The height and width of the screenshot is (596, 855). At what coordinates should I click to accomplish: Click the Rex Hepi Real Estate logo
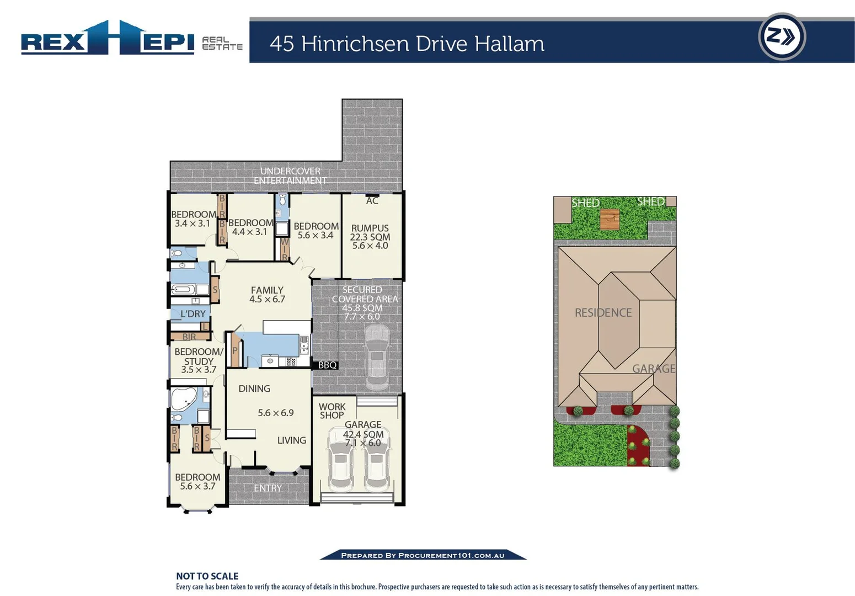click(x=131, y=39)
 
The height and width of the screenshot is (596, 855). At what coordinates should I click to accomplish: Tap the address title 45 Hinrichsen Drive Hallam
click(x=407, y=44)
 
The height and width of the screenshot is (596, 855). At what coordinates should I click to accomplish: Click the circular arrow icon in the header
click(x=782, y=37)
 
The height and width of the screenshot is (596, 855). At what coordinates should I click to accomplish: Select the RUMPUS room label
click(x=370, y=228)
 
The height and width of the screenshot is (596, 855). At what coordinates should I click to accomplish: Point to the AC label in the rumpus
click(x=372, y=201)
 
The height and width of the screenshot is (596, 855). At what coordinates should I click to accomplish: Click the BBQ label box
click(x=327, y=365)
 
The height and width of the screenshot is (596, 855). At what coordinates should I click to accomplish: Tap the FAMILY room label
click(x=267, y=290)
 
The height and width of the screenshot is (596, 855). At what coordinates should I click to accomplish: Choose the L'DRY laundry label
click(x=193, y=314)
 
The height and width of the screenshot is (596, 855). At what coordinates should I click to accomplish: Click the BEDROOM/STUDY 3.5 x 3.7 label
click(x=199, y=360)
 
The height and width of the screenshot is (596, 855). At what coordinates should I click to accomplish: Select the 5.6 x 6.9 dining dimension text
click(x=275, y=413)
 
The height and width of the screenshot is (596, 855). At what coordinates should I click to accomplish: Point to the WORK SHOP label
click(x=332, y=411)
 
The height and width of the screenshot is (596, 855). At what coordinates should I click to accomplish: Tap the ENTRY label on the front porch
click(x=268, y=488)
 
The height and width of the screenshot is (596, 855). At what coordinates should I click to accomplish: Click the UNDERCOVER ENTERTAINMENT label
click(x=290, y=175)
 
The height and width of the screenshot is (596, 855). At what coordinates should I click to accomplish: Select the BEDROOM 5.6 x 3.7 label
click(x=197, y=481)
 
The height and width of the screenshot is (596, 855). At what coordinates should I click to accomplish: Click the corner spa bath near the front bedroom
click(x=183, y=398)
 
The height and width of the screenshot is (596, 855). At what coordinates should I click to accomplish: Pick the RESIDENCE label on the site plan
click(x=603, y=313)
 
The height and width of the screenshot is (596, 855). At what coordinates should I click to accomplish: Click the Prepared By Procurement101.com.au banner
click(x=423, y=555)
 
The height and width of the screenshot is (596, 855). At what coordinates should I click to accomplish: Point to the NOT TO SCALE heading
click(x=207, y=576)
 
